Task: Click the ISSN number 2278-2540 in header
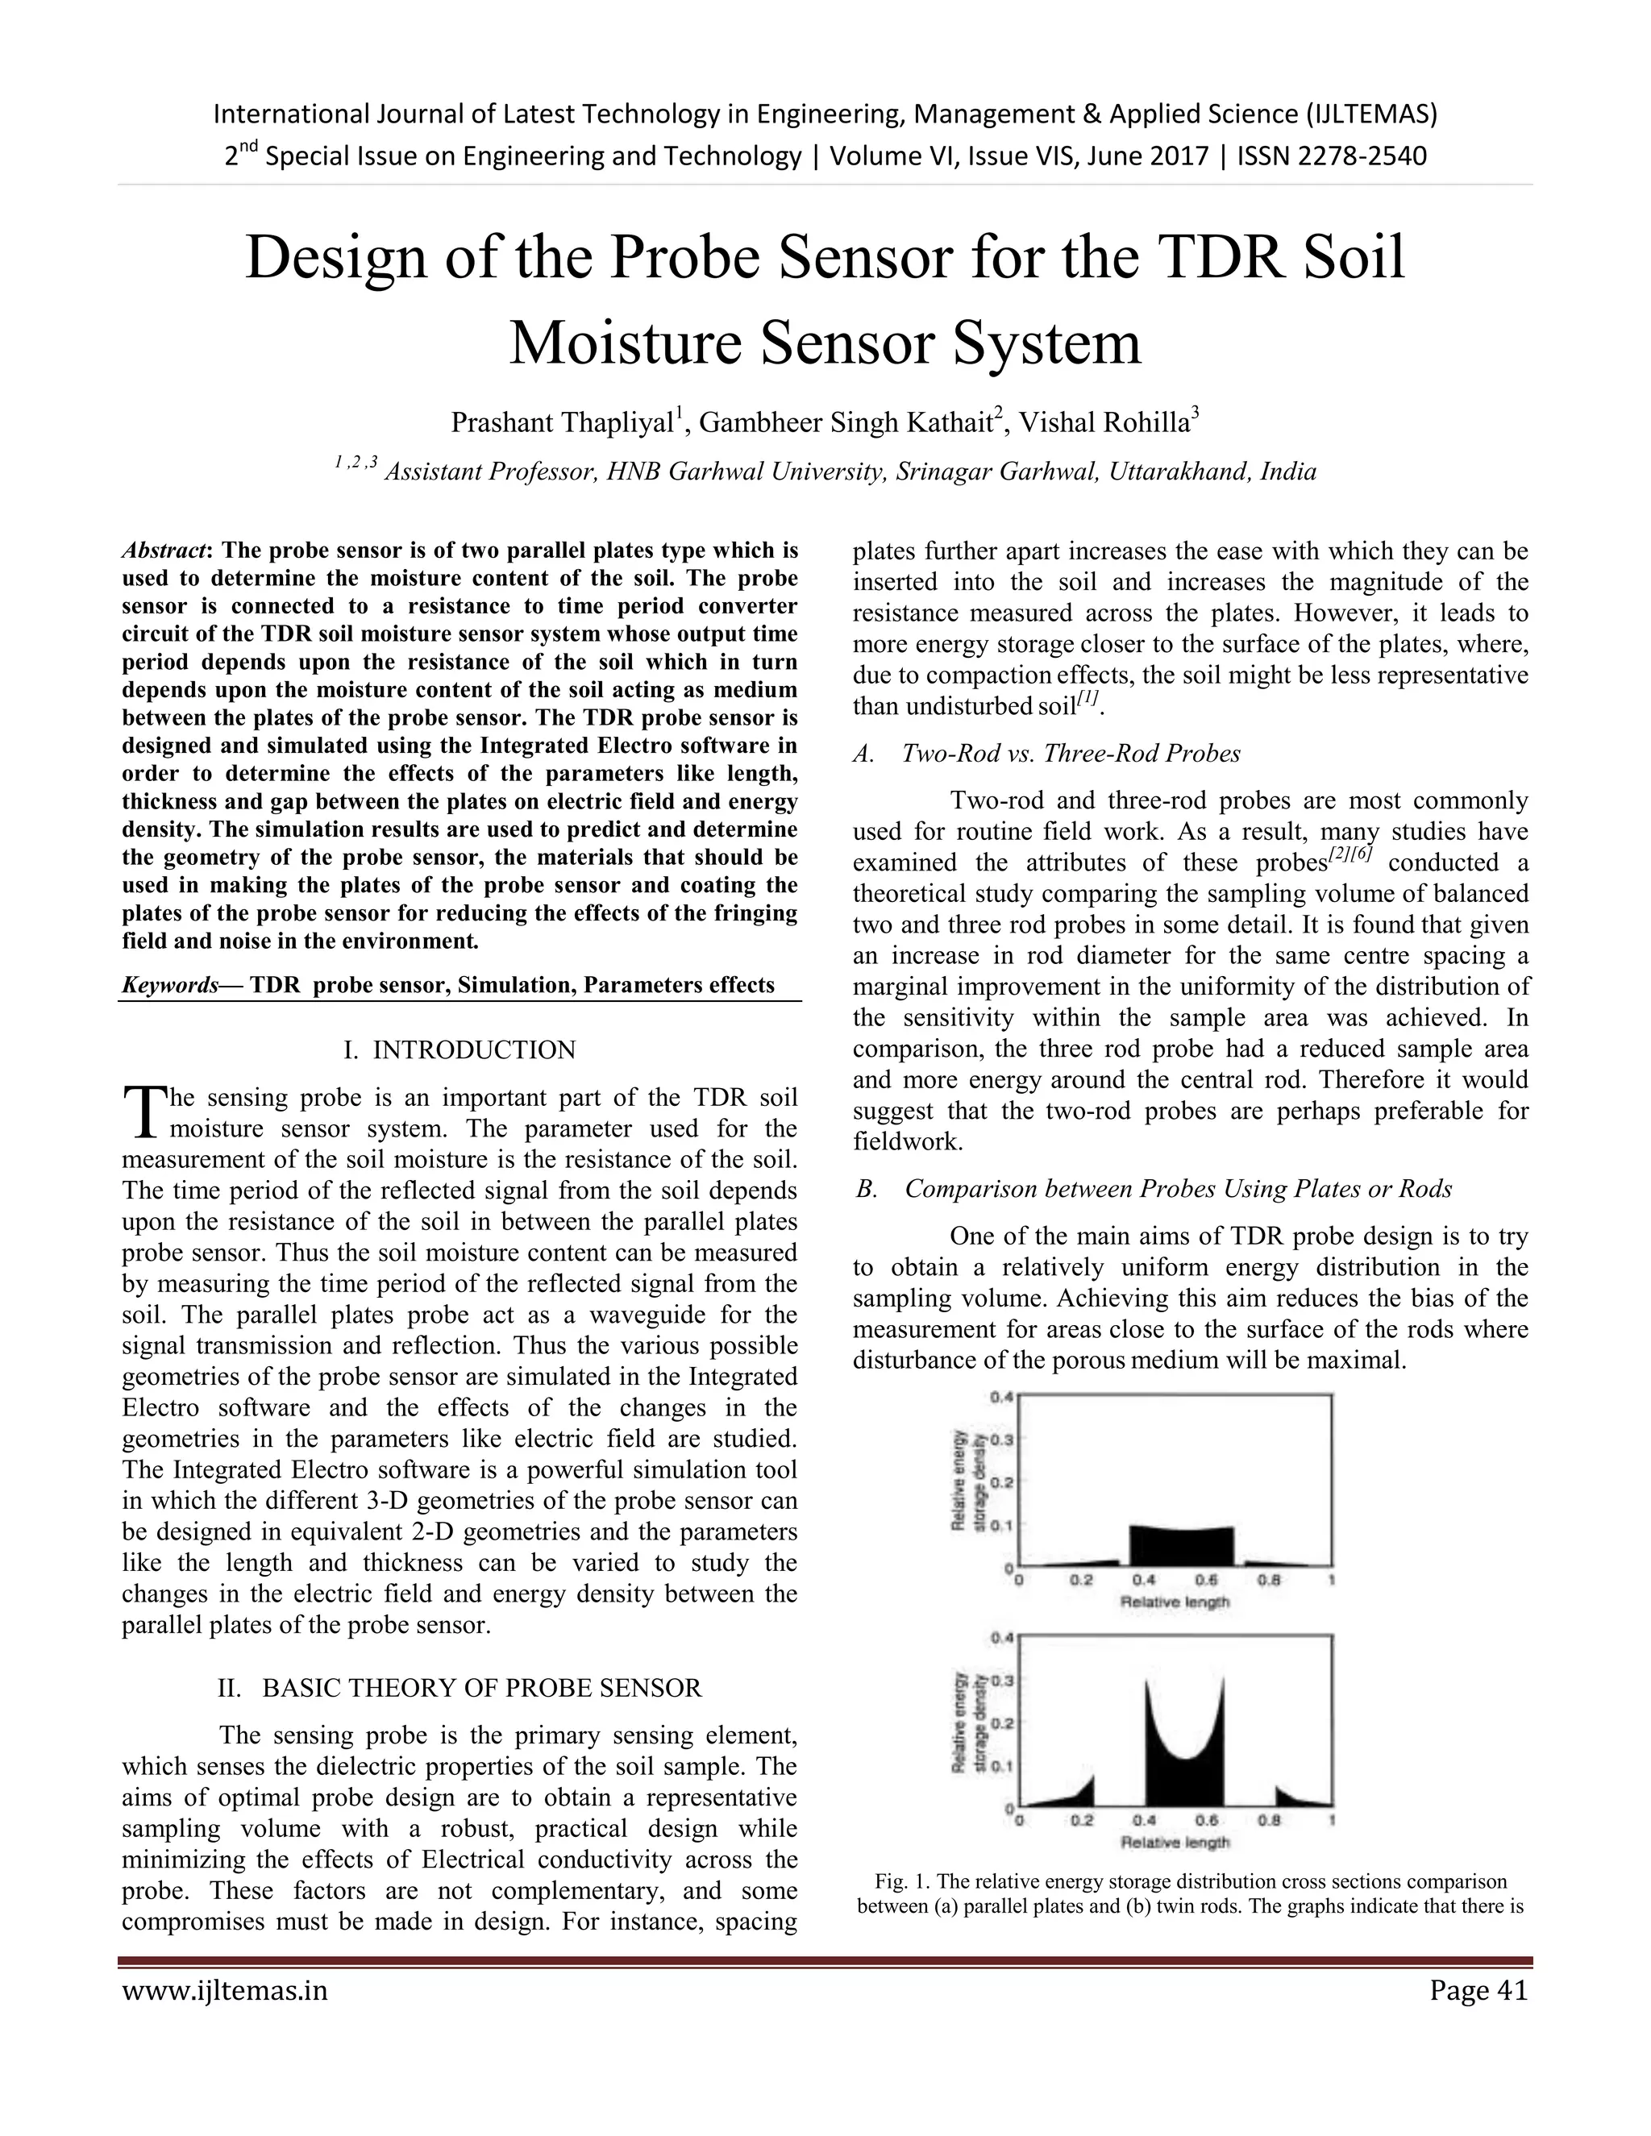(1362, 156)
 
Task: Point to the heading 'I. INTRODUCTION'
(460, 1049)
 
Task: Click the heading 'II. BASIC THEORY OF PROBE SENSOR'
(460, 1688)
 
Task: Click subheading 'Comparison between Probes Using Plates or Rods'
(1178, 1188)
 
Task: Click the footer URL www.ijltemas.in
(225, 1990)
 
